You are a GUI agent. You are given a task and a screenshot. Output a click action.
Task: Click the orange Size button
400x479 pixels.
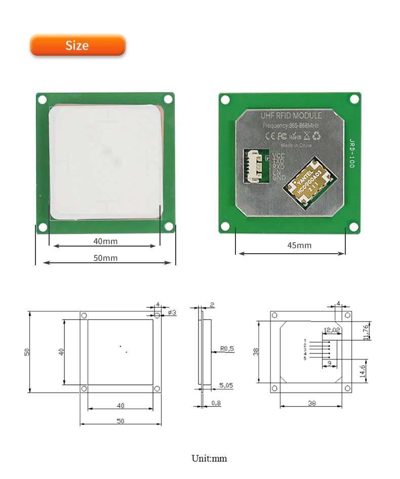point(77,45)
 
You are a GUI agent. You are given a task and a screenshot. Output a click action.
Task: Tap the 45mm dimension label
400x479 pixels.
point(299,246)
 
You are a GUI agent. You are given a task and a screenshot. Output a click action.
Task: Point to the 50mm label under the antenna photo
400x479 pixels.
point(105,258)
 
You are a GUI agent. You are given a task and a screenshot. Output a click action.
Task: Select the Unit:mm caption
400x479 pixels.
point(209,459)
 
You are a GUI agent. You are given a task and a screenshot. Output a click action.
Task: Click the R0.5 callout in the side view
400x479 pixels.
point(228,348)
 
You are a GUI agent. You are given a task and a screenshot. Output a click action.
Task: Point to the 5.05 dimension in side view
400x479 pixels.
point(227,385)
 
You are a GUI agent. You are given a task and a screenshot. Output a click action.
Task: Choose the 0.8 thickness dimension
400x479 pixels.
point(216,403)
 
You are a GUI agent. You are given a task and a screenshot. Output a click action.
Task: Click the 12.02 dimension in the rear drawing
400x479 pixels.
point(332,330)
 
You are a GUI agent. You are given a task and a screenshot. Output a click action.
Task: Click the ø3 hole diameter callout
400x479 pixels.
point(172,312)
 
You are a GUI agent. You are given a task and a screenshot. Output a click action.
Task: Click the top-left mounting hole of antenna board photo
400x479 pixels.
point(43,100)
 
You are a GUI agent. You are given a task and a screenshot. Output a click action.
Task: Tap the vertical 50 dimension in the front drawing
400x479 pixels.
point(26,351)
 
